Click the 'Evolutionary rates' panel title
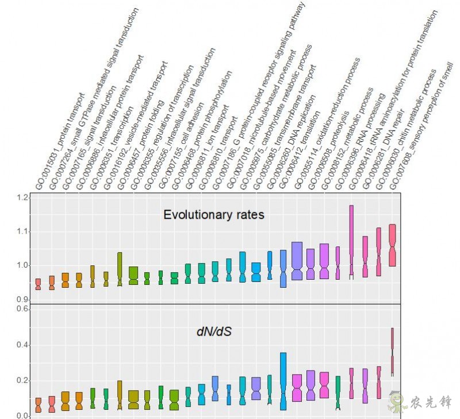point(213,215)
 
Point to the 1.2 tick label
point(22,198)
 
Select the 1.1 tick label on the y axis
point(22,231)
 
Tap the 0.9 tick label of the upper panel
point(22,299)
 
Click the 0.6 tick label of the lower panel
point(22,309)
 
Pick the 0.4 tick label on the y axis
point(22,345)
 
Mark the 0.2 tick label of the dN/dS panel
point(22,380)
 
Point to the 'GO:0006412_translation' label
point(305,147)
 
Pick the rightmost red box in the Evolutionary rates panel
point(392,245)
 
